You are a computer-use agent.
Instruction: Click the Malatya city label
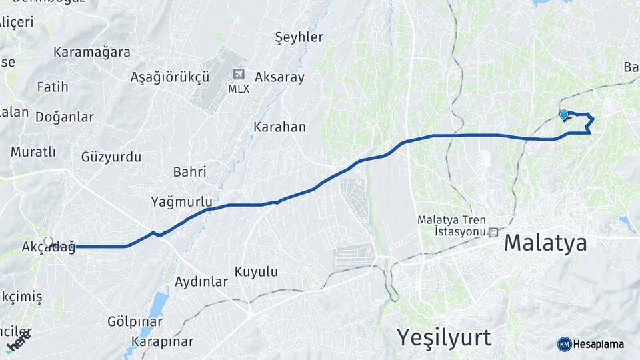pyautogui.click(x=545, y=243)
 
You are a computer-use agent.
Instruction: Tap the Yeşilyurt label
pyautogui.click(x=444, y=337)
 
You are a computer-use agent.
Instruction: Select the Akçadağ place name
pyautogui.click(x=48, y=247)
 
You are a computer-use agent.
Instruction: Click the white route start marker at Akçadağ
pyautogui.click(x=48, y=241)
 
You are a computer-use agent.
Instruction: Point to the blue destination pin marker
pyautogui.click(x=564, y=115)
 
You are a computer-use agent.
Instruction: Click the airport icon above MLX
pyautogui.click(x=239, y=75)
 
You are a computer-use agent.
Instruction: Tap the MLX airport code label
pyautogui.click(x=239, y=89)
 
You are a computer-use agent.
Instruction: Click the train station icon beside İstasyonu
pyautogui.click(x=493, y=233)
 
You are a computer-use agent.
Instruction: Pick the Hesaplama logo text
pyautogui.click(x=599, y=344)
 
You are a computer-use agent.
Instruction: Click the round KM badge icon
pyautogui.click(x=564, y=344)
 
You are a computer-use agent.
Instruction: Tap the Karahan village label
pyautogui.click(x=279, y=127)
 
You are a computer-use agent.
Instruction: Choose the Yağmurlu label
pyautogui.click(x=181, y=201)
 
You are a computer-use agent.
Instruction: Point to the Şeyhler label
pyautogui.click(x=299, y=37)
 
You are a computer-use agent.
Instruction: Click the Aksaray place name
pyautogui.click(x=279, y=77)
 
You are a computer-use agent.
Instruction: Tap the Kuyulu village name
pyautogui.click(x=256, y=272)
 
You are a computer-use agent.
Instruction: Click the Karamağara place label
pyautogui.click(x=92, y=52)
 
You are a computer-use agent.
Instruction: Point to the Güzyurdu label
pyautogui.click(x=111, y=157)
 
